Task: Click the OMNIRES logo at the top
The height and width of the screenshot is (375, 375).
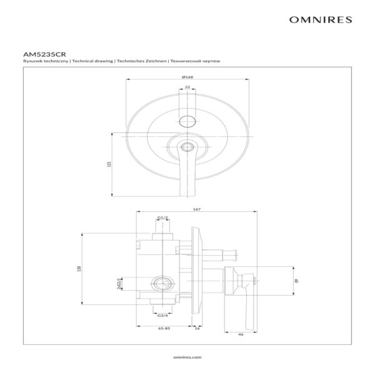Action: click(x=321, y=19)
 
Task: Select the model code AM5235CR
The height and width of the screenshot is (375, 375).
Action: click(x=44, y=54)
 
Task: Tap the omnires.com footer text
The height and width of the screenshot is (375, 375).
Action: click(x=187, y=357)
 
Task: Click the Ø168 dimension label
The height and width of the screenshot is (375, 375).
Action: click(x=187, y=77)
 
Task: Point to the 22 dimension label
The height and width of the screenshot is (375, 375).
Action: click(x=187, y=87)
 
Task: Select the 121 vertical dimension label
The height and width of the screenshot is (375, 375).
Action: click(x=109, y=164)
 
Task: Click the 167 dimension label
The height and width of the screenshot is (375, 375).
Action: click(x=197, y=209)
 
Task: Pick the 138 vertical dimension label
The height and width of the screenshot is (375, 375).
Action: click(x=79, y=269)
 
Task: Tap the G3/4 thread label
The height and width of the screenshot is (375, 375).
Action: click(x=162, y=316)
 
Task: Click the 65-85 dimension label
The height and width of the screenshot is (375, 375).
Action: click(x=164, y=328)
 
